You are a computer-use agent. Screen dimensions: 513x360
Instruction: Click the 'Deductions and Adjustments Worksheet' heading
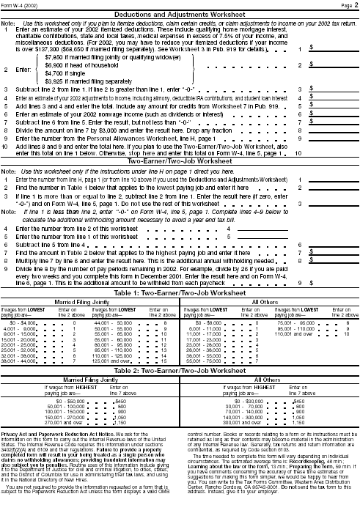pyautogui.click(x=179, y=13)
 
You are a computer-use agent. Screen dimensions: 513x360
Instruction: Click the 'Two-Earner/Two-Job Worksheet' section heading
pyautogui.click(x=179, y=173)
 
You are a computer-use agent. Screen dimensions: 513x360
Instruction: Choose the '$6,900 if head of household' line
pyautogui.click(x=80, y=64)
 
